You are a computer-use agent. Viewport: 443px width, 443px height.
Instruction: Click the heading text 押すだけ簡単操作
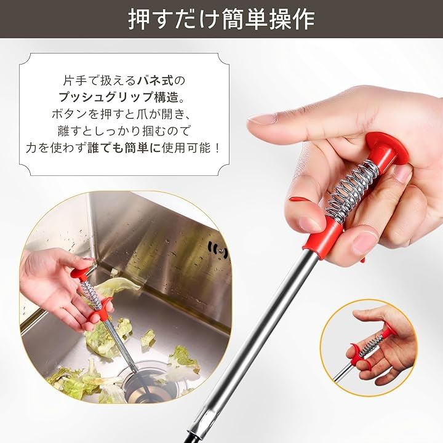point(221,19)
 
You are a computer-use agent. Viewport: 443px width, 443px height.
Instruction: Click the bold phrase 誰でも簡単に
point(124,148)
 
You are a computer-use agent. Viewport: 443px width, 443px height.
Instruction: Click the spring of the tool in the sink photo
point(91,295)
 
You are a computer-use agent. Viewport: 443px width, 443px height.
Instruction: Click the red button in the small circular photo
point(390,331)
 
